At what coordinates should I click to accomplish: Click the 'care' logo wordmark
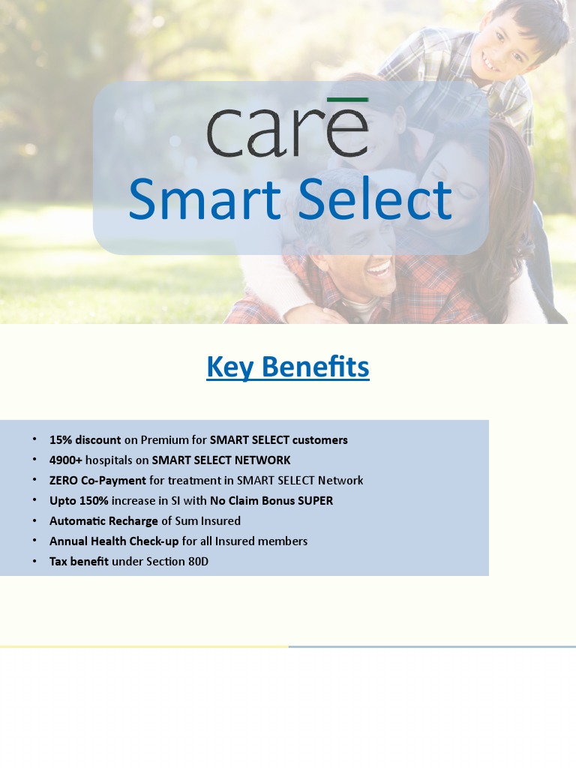click(287, 133)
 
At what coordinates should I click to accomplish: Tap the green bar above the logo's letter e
click(347, 99)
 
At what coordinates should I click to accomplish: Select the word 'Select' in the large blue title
click(375, 199)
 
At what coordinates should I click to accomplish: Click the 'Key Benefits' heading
click(287, 367)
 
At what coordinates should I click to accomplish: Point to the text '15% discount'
click(85, 439)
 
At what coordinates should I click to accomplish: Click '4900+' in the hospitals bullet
click(66, 460)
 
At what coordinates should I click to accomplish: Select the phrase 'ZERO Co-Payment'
click(97, 480)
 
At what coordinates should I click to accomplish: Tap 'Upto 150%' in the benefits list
click(79, 500)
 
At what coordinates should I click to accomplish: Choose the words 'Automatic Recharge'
click(103, 520)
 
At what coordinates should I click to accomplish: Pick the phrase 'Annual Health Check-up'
click(114, 541)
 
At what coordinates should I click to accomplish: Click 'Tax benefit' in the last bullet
click(79, 561)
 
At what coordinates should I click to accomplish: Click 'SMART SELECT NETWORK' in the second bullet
click(220, 460)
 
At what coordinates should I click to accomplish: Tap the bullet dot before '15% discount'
click(34, 439)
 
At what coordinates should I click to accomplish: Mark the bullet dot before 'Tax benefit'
click(34, 561)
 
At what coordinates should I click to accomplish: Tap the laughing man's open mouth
click(378, 268)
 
